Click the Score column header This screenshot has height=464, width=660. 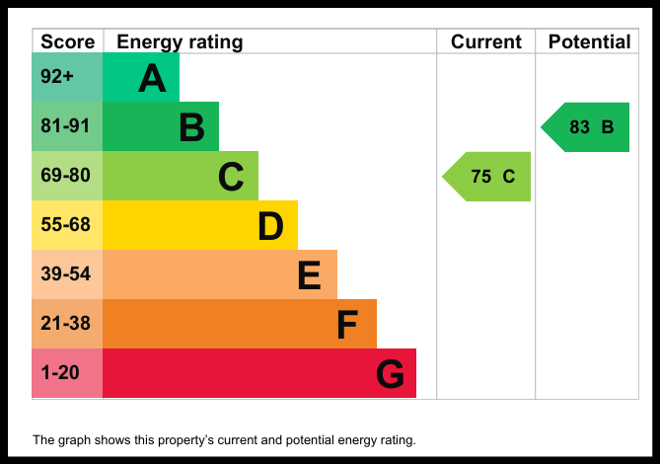pos(68,41)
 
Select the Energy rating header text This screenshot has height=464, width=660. pos(180,42)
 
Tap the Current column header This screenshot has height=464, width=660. pos(486,41)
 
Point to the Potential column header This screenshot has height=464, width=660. pos(589,41)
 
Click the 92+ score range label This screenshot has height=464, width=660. pos(57,77)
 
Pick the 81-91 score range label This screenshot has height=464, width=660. pos(65,126)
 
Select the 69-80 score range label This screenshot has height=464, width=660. pos(65,175)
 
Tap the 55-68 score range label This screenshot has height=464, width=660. pos(65,224)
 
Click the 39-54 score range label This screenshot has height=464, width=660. pos(65,273)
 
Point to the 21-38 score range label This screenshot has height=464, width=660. pos(65,324)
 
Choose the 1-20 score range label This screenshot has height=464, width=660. pos(60,372)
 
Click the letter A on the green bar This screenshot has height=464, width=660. pos(152,78)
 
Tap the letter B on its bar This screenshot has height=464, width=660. pos(192,127)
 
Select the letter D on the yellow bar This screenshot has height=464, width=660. pos(270,226)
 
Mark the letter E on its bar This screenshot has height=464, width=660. pos(310,275)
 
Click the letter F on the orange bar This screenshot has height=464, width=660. pos(347,325)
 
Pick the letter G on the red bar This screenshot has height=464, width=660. pos(391,374)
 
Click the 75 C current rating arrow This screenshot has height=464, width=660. pos(486,177)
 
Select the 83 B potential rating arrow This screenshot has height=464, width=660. pos(585,127)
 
